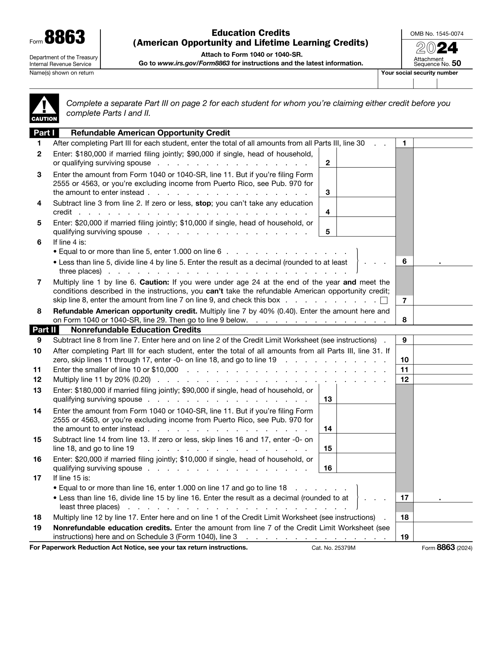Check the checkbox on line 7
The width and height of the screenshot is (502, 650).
coord(384,300)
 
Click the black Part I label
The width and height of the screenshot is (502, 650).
coord(44,133)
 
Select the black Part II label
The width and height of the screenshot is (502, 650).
coord(44,330)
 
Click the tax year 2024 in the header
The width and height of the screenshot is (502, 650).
coord(437,48)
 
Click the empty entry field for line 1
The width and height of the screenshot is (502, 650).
coord(443,143)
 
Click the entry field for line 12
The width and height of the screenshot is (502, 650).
coord(443,380)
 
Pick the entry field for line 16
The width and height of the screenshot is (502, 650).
coord(366,463)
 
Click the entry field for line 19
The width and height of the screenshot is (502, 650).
coord(443,532)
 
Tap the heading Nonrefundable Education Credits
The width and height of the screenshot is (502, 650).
coord(136,330)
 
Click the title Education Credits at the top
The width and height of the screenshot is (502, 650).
coord(250,33)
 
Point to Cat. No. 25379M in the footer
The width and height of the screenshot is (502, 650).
coord(333,548)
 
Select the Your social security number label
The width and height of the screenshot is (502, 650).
coord(419,73)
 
